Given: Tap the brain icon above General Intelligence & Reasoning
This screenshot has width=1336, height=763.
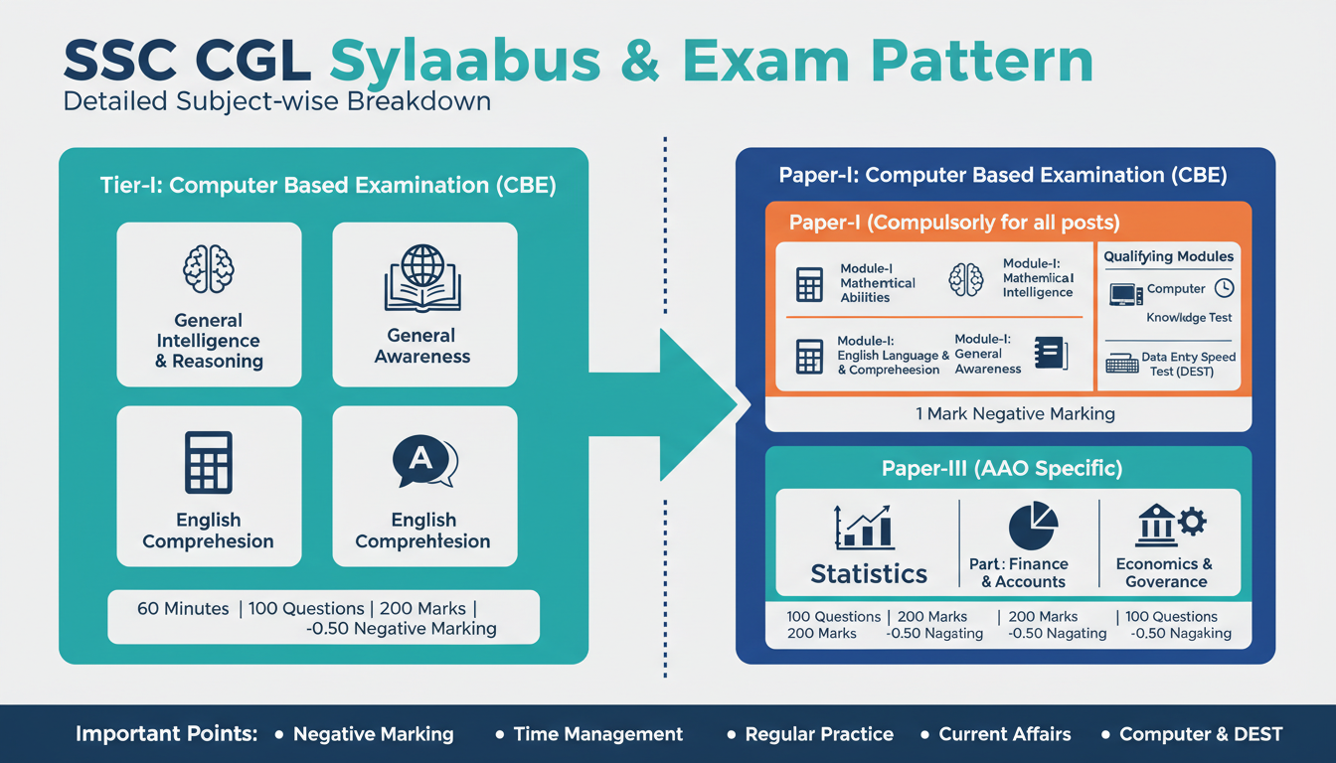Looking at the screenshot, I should tap(209, 269).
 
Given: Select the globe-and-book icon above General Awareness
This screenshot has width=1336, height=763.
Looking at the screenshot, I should tap(422, 279).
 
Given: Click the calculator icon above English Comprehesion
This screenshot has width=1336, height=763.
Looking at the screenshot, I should tap(209, 462).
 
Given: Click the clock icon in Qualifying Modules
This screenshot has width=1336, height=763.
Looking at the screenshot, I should tap(1225, 288).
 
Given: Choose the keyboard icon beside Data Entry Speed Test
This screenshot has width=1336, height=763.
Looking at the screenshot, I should tap(1121, 364).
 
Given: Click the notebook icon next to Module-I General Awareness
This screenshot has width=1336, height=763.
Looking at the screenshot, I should tap(1050, 354).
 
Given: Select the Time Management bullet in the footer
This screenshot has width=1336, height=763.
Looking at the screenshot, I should tap(597, 734).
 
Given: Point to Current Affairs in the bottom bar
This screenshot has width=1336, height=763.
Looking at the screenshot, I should tap(1005, 734).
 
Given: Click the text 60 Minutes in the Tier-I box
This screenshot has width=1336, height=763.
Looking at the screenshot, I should tap(183, 608).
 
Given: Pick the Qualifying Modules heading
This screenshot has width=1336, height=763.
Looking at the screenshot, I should tap(1168, 256).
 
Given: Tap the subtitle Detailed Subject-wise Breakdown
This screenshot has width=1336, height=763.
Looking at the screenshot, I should tap(276, 101).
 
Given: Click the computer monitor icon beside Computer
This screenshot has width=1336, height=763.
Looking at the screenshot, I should tap(1124, 293).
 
